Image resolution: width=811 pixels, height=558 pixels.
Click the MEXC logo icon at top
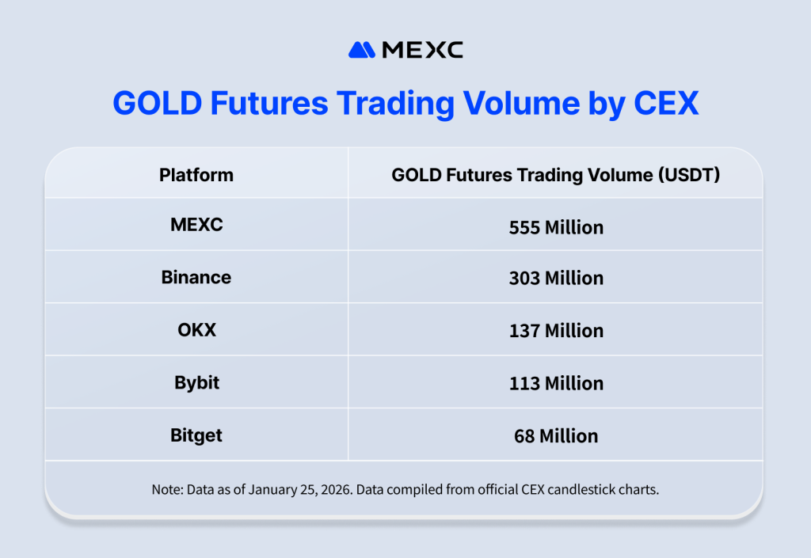click(362, 50)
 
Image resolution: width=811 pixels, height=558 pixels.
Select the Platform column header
click(196, 175)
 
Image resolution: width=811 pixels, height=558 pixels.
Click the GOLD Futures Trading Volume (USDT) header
click(555, 175)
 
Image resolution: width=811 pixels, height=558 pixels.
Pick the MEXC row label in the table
click(196, 225)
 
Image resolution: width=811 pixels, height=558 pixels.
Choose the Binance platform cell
click(196, 277)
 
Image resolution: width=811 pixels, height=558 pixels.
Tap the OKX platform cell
click(196, 330)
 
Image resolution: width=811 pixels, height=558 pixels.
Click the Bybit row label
click(196, 383)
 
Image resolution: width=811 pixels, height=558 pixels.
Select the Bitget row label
click(196, 435)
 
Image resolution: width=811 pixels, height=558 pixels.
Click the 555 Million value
click(556, 228)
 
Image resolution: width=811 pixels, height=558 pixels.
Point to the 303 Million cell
click(556, 279)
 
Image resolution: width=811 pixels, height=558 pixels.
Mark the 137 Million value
click(556, 331)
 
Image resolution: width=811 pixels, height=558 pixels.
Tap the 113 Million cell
click(556, 384)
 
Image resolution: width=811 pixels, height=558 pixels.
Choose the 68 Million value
click(556, 436)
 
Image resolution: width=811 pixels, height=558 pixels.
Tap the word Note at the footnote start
click(166, 490)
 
